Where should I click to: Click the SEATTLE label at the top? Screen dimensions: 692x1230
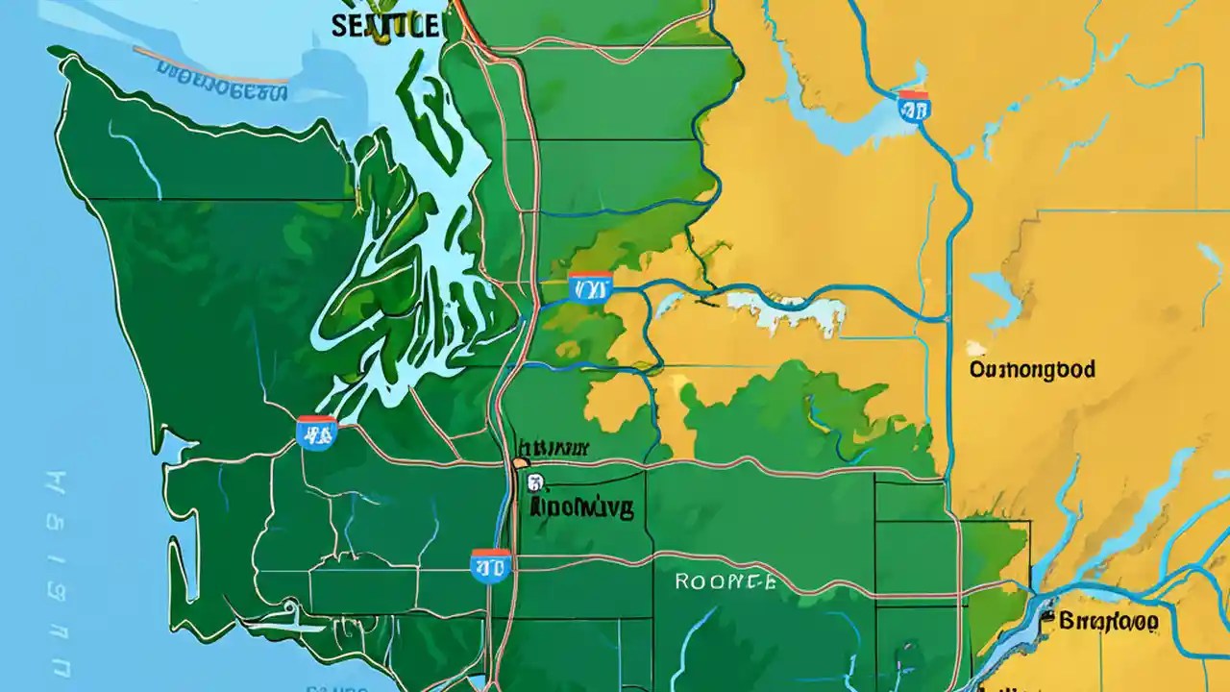coord(384,25)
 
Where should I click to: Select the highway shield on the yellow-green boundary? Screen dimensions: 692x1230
coord(589,286)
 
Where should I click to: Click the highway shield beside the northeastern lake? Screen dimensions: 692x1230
coord(913,107)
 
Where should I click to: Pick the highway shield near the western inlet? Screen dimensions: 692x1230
coord(316,433)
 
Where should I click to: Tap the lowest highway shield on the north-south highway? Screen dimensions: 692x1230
coord(490,566)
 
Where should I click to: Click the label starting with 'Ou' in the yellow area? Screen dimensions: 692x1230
coord(1032,370)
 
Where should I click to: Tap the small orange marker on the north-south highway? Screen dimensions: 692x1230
coord(520,463)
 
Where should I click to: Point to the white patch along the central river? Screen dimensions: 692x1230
coord(788,312)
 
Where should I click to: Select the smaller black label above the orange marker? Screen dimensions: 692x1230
coord(553,448)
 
